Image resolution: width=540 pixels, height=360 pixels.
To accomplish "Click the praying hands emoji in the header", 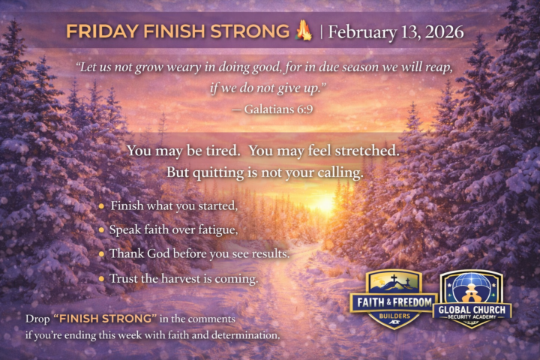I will point(304,31).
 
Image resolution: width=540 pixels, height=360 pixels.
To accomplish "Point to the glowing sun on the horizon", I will point(324,204).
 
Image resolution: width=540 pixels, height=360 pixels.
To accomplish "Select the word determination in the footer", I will point(240,334).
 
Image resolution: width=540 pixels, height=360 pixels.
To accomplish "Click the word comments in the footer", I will point(213,319).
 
